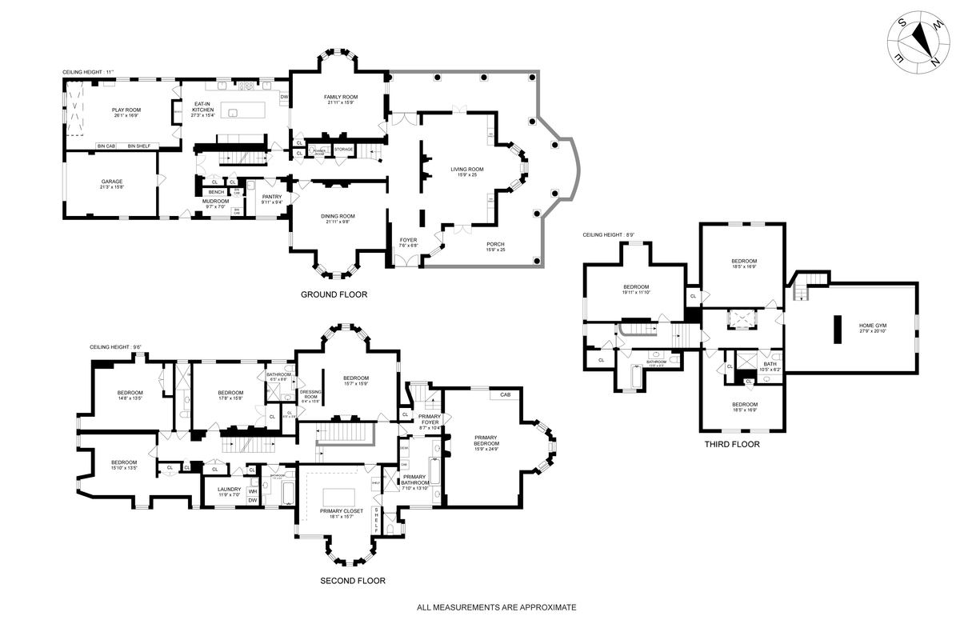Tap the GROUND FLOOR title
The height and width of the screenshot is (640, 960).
[x=334, y=294]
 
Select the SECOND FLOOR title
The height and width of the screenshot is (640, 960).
[x=352, y=581]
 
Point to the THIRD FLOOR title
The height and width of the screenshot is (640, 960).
[x=731, y=444]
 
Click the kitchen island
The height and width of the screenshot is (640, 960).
[x=241, y=113]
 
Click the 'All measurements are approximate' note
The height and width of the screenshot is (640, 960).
[x=496, y=607]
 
